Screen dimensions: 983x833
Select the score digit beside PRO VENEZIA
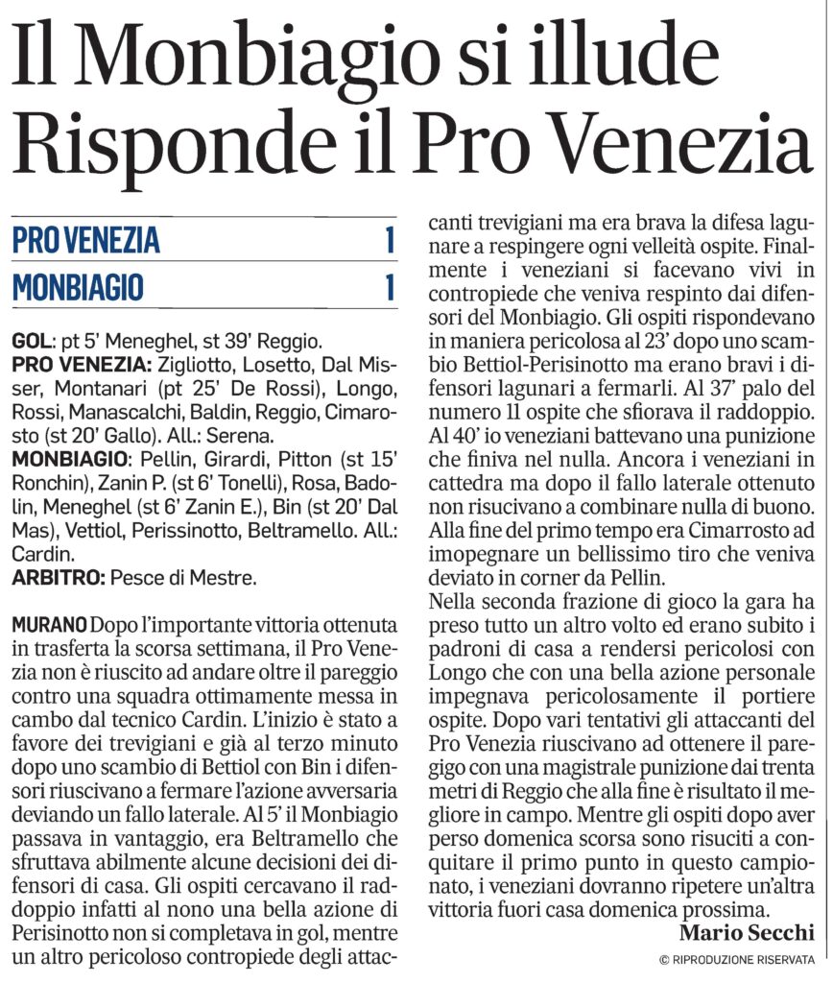390,240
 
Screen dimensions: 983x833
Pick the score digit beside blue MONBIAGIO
390,287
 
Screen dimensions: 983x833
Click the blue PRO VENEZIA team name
86,240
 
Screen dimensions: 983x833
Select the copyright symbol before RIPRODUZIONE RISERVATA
664,960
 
